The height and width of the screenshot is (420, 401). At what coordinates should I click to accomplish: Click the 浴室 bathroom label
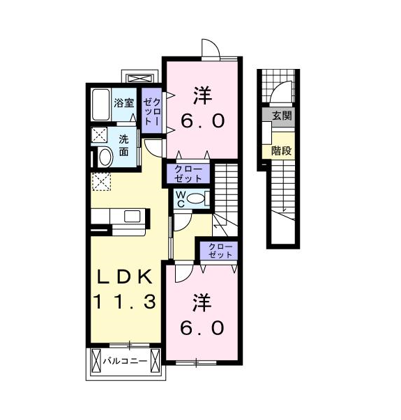tap(124, 103)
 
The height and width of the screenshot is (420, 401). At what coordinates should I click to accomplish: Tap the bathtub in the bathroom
tap(101, 104)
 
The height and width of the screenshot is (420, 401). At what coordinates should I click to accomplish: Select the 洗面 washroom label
tap(123, 146)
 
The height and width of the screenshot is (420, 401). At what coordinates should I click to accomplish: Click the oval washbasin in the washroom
tap(105, 157)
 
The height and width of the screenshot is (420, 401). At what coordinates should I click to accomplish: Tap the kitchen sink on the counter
tap(133, 216)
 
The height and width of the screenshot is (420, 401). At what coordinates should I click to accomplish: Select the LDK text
tap(125, 277)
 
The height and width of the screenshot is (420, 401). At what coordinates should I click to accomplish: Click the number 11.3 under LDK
tap(124, 302)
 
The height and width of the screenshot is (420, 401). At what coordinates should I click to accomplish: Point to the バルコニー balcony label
tap(126, 361)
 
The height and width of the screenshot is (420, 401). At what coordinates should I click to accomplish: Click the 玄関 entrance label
tap(282, 116)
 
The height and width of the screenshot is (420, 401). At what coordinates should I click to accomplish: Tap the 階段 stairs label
tap(281, 151)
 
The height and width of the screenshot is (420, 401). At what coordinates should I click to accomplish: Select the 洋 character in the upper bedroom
tap(202, 95)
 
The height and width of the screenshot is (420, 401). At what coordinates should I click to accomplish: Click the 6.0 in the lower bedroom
tap(202, 327)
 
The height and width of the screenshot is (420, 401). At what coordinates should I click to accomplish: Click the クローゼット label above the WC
tap(188, 173)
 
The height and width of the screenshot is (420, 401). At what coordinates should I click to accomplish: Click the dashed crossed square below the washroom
tap(101, 182)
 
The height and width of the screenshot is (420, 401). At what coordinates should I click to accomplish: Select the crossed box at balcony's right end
tap(155, 361)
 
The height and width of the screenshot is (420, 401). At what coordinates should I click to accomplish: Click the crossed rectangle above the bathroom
tap(140, 78)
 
